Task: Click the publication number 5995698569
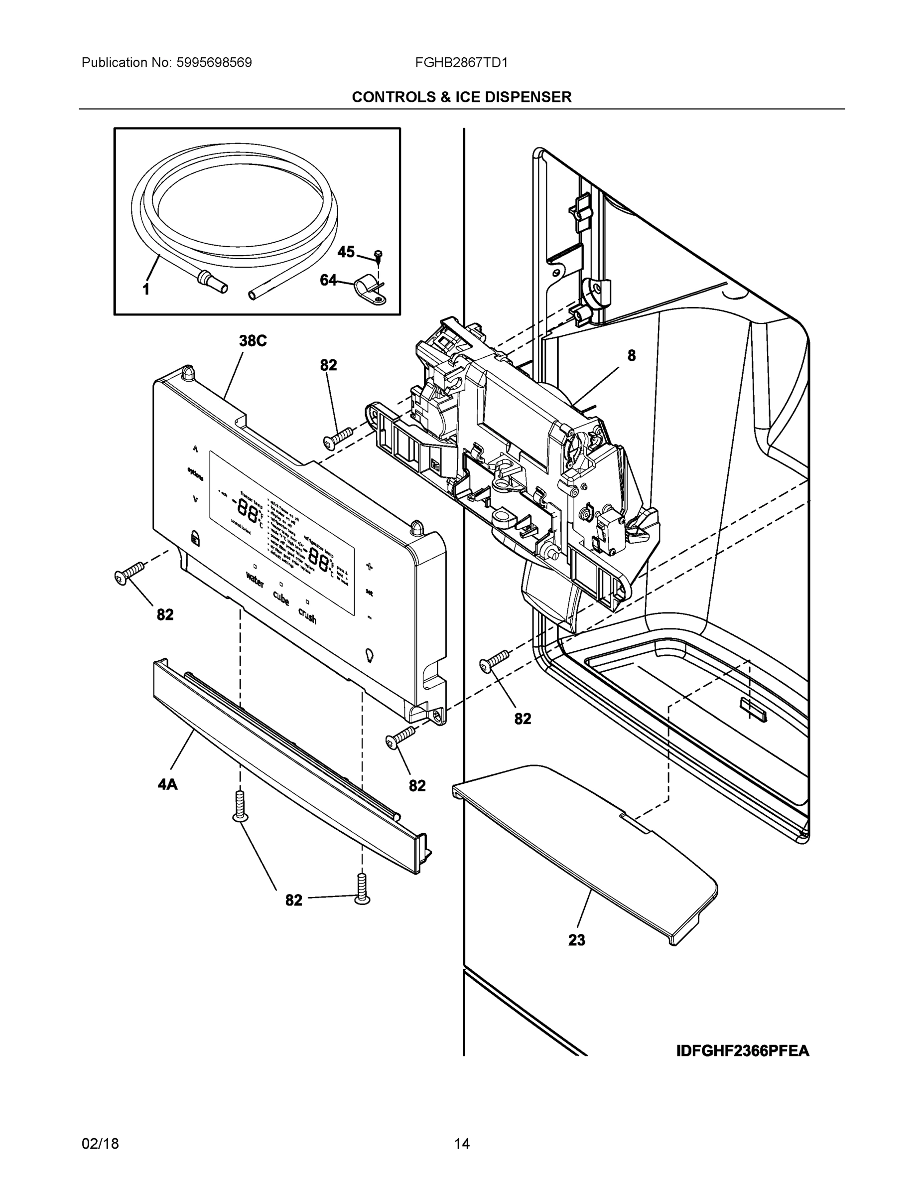214,62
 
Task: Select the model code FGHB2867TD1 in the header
461,62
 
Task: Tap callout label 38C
253,341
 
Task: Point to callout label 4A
167,784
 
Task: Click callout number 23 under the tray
576,940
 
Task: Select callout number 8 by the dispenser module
631,355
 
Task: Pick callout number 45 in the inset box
345,252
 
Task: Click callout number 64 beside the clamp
328,281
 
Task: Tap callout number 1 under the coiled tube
145,290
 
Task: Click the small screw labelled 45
378,254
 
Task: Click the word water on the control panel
255,580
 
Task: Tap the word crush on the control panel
307,616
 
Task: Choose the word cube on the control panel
281,598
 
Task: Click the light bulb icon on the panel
370,655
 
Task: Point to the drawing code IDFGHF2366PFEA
742,1051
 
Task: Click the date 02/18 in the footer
100,1144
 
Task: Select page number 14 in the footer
461,1144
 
